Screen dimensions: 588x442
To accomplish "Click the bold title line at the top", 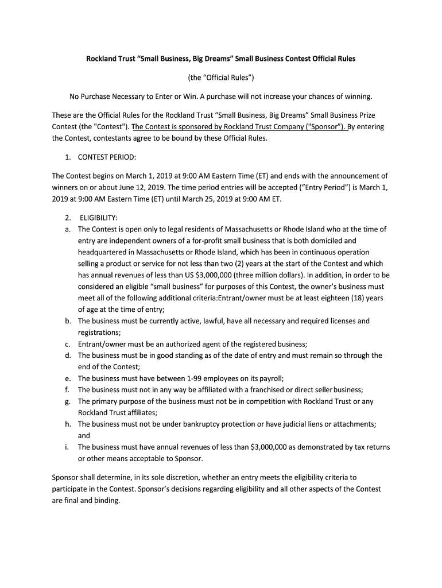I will (x=221, y=59).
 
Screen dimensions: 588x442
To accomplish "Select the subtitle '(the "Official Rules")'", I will (x=221, y=78).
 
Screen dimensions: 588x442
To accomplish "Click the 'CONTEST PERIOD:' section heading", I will (x=107, y=157).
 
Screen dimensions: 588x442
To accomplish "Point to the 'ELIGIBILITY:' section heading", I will (x=99, y=218).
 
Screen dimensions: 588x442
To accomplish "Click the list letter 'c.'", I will (x=68, y=344).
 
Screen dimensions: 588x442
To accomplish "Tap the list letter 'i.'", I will (x=68, y=447).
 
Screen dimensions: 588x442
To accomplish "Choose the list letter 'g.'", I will (x=68, y=401).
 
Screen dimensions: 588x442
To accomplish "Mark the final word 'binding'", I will (x=107, y=500).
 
